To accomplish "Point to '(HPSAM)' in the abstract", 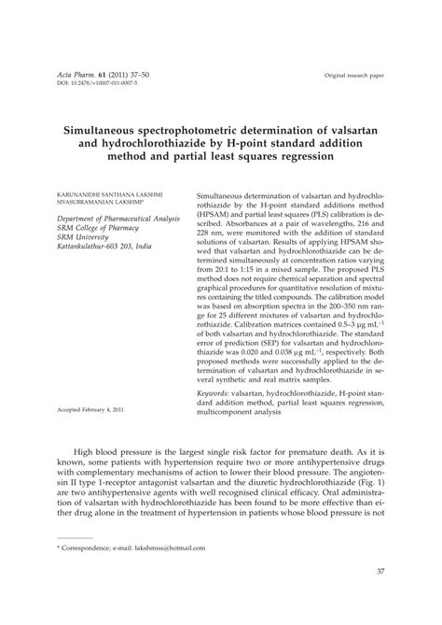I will [217, 215].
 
